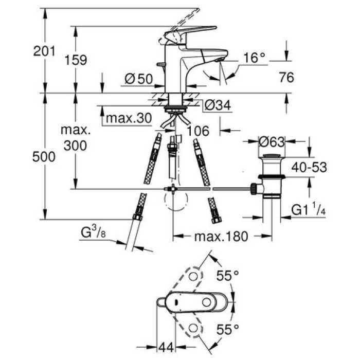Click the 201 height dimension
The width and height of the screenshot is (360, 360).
pos(45,51)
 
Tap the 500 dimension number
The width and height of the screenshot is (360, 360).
pos(45,157)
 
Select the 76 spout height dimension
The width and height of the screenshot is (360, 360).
pos(286,77)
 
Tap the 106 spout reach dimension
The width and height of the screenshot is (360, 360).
pos(197,132)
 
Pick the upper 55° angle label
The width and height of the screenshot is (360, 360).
pos(227,276)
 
